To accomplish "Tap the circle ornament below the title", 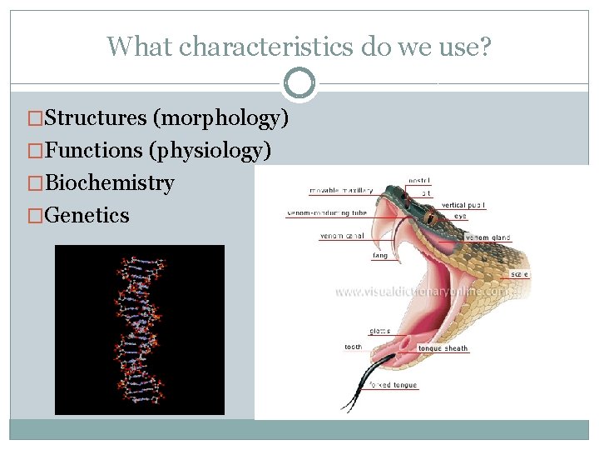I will click(299, 83).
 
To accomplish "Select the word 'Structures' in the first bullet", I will click(96, 118).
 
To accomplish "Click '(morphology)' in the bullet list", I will click(220, 118).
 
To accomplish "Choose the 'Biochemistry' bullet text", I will click(109, 183).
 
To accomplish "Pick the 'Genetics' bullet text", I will click(87, 216).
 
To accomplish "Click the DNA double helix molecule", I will click(139, 329).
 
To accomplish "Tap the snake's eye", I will click(430, 217).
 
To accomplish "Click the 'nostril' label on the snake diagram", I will click(419, 180).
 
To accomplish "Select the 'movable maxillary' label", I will click(341, 191).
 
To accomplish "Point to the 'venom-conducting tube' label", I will click(327, 213).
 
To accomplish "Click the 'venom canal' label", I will click(342, 237).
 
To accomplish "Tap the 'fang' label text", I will click(379, 256).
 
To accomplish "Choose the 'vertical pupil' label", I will click(463, 205).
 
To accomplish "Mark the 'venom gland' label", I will click(488, 237).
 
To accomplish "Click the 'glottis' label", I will click(379, 331).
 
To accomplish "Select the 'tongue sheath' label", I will click(443, 348).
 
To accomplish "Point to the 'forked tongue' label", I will click(394, 386).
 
